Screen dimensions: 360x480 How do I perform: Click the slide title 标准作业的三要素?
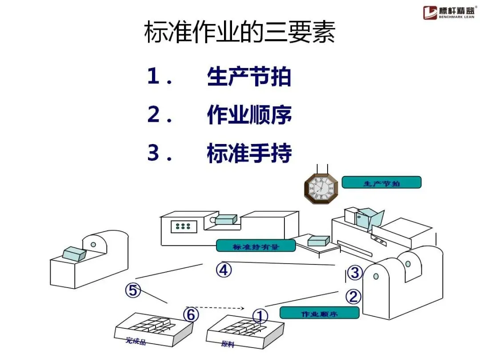click(x=240, y=33)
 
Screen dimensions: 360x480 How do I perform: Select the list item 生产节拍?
click(x=249, y=77)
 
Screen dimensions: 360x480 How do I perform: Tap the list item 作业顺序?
click(x=249, y=116)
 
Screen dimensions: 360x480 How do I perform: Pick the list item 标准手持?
click(x=249, y=153)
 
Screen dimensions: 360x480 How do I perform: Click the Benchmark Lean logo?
click(x=449, y=12)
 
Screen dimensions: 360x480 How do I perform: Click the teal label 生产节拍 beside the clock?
click(x=381, y=182)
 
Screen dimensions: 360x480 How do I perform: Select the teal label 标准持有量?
click(x=256, y=246)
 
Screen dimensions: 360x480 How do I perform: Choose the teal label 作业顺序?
click(x=319, y=313)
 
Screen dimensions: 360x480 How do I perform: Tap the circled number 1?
click(x=260, y=316)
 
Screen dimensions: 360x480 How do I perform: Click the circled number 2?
click(x=353, y=296)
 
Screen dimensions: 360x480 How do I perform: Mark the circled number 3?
click(x=354, y=272)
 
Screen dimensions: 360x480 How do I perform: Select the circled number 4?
click(x=224, y=270)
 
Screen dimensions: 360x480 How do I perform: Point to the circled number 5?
click(x=132, y=290)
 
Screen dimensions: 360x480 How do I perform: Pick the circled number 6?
click(x=191, y=314)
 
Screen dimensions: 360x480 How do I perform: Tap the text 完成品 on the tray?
click(x=136, y=341)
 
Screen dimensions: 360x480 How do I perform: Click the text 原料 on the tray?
click(x=227, y=344)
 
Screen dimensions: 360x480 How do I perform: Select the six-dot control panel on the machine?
click(x=183, y=226)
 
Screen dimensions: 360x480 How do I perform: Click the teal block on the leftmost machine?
click(x=74, y=254)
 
